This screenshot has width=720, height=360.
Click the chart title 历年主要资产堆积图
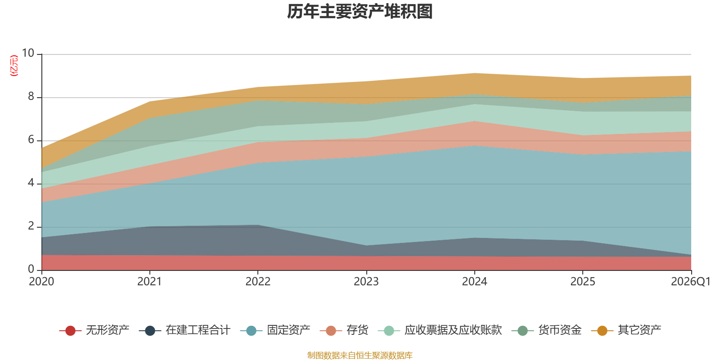360,12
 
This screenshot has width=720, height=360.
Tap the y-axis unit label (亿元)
14,66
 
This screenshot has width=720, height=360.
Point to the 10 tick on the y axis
27,53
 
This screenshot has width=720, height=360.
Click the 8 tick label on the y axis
31,96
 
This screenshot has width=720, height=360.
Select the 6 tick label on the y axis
31,139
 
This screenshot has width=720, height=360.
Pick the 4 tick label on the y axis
31,183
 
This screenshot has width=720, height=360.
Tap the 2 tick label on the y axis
31,226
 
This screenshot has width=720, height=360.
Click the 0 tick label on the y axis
31,269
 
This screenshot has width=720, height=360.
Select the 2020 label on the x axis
41,282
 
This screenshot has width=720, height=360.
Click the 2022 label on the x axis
258,282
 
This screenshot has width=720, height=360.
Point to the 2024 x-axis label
474,282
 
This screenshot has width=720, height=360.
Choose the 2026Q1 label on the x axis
690,282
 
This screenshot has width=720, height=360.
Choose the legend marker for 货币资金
522,330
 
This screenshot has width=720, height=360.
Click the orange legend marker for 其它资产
602,330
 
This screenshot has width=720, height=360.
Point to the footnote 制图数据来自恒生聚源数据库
360,355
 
